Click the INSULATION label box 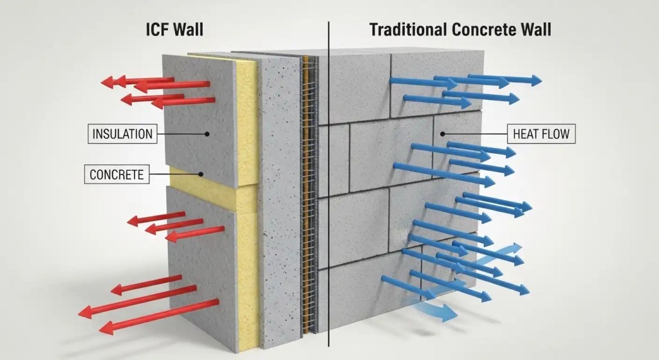pyautogui.click(x=123, y=135)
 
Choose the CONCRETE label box pyautogui.click(x=116, y=174)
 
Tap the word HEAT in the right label pyautogui.click(x=525, y=135)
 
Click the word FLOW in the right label pyautogui.click(x=554, y=135)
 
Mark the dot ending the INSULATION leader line pyautogui.click(x=208, y=134)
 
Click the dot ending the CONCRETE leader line pyautogui.click(x=201, y=173)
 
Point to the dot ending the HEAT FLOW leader pyautogui.click(x=443, y=134)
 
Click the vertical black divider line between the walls pyautogui.click(x=329, y=193)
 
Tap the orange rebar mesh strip pyautogui.click(x=309, y=193)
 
